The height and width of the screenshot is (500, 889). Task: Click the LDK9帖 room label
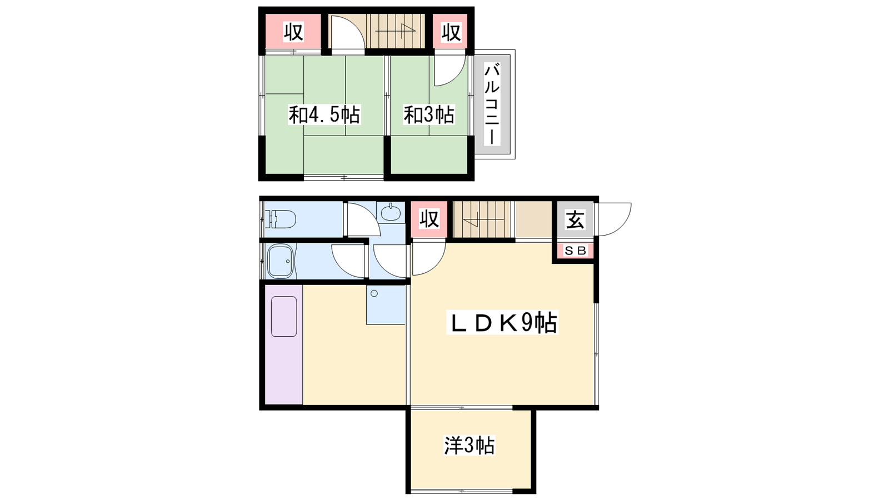502,323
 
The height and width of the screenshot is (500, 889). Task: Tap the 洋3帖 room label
469,445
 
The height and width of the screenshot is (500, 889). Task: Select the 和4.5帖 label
324,114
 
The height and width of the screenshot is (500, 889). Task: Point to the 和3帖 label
429,114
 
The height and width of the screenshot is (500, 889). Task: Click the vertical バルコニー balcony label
492,104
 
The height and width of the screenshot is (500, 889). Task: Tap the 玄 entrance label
575,219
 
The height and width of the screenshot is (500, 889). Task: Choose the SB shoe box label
576,251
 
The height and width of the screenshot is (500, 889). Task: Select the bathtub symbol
281,261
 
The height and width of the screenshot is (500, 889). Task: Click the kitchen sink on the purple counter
284,316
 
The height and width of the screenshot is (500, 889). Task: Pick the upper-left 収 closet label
293,32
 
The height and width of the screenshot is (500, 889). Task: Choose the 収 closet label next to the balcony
451,32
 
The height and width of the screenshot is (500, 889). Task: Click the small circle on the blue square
374,294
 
